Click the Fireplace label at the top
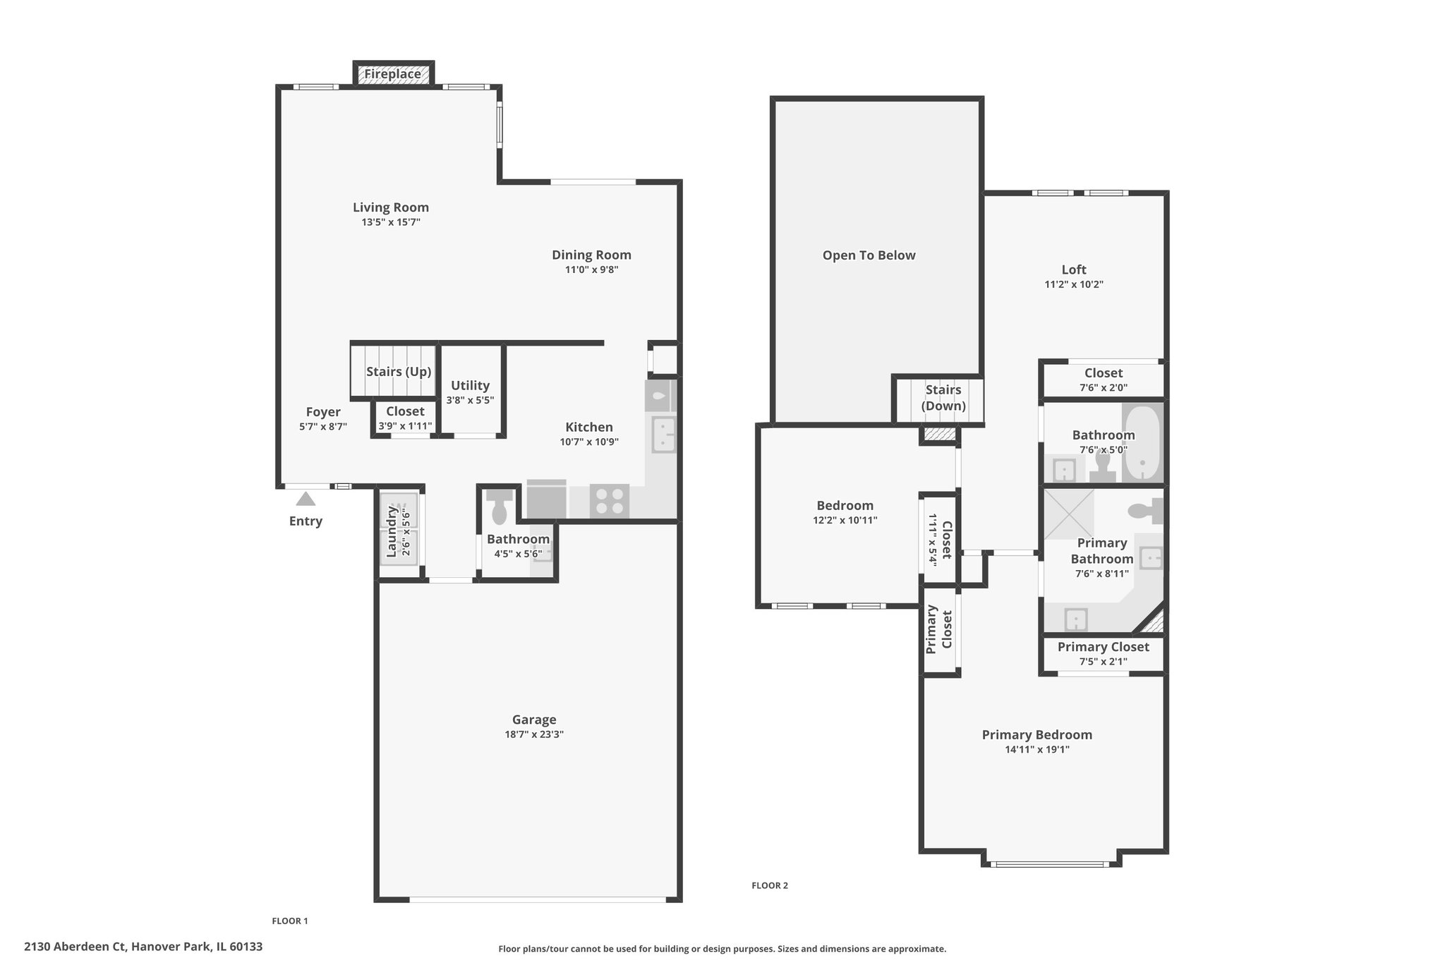tap(393, 74)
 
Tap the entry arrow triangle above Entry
tap(306, 499)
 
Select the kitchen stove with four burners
tap(610, 501)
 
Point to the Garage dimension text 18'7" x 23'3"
tap(534, 734)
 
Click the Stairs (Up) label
tap(399, 372)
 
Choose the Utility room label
tap(470, 386)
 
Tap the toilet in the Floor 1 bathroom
tap(500, 507)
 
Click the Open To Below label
tap(869, 255)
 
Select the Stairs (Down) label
tap(943, 398)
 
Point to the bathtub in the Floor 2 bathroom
tap(1141, 443)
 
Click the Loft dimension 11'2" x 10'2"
tap(1074, 285)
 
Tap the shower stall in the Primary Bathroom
tap(1069, 514)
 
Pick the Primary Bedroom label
tap(1037, 735)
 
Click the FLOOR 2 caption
tap(770, 885)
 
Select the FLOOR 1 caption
tap(290, 921)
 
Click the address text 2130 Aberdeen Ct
tap(75, 947)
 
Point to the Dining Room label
tap(591, 255)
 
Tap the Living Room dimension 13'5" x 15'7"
tap(391, 222)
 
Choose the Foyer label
tap(323, 412)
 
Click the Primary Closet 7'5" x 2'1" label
tap(1104, 654)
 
